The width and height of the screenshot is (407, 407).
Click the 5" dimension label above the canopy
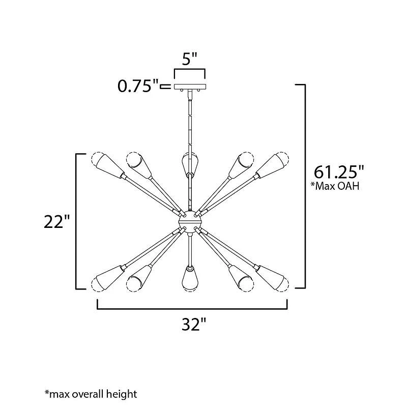coord(189,60)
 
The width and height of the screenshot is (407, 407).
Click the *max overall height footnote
coord(91,393)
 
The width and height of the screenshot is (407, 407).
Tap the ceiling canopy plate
coord(190,87)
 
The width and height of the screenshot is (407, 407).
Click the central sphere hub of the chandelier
coord(189,221)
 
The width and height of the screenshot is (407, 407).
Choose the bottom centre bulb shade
coord(189,278)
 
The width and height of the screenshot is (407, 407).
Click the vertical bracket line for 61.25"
coord(305,186)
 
